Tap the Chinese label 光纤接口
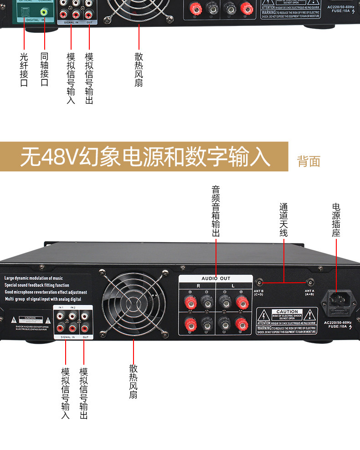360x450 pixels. tap(24, 70)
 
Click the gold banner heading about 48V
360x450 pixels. tap(145, 156)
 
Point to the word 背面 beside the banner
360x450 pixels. tap(309, 161)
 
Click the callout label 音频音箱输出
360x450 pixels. tap(216, 211)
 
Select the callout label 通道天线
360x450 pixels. tap(283, 220)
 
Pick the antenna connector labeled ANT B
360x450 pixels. tap(260, 283)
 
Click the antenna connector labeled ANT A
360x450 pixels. tap(311, 283)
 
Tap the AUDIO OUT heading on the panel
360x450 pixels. tap(216, 278)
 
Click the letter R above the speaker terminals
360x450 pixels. tap(198, 285)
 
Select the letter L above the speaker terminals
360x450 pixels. tap(233, 285)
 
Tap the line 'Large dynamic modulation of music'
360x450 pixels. tap(34, 278)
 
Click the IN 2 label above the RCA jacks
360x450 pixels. tap(72, 308)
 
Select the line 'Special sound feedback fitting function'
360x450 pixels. tap(37, 285)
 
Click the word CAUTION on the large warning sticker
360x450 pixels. tap(287, 312)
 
